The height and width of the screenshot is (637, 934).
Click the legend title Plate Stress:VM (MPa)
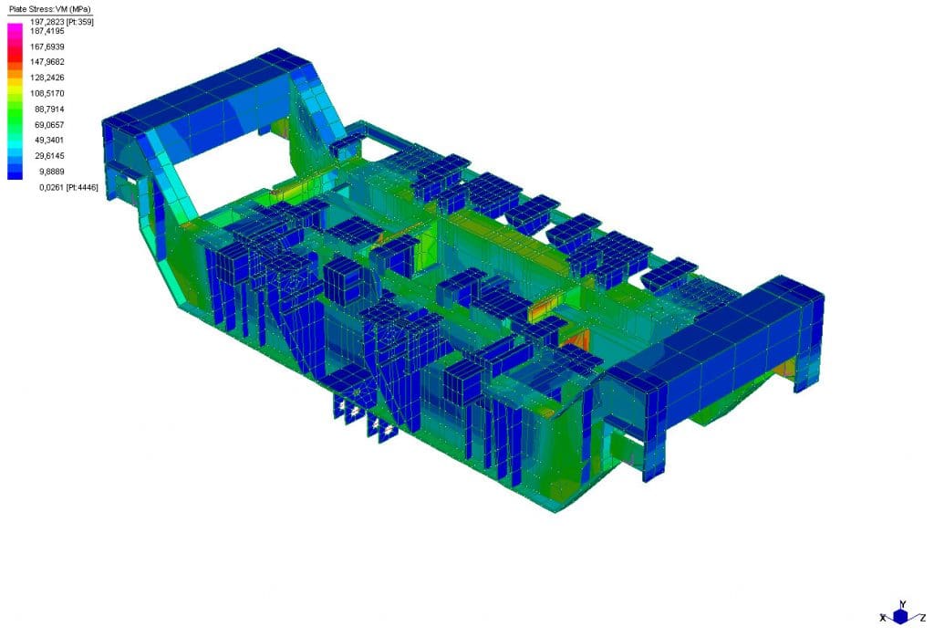(x=50, y=9)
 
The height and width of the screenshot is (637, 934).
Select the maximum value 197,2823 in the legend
(x=47, y=22)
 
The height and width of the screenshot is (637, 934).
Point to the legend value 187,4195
(x=47, y=30)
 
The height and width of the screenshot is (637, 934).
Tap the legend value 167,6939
(x=47, y=47)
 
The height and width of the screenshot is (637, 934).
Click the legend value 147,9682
(x=47, y=62)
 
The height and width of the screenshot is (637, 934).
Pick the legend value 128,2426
(x=47, y=78)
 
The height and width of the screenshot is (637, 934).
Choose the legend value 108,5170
(x=47, y=94)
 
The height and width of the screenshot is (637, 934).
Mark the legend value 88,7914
(x=49, y=109)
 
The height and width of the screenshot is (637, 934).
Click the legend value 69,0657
(x=49, y=124)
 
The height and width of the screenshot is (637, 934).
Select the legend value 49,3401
(x=49, y=140)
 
